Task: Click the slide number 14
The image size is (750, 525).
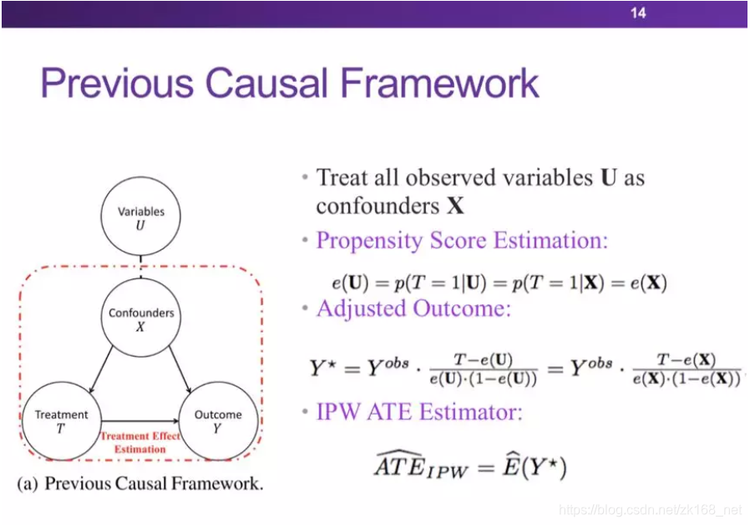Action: tap(638, 13)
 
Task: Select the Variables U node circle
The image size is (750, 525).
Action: tap(140, 217)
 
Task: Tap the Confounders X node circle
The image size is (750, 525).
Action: tap(140, 319)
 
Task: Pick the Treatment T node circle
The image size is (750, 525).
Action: tap(61, 421)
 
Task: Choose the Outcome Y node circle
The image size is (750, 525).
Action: tap(218, 421)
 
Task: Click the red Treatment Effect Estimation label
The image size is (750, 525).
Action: tap(140, 442)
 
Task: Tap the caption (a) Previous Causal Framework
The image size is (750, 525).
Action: tap(140, 484)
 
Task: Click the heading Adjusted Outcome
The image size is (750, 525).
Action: tap(413, 308)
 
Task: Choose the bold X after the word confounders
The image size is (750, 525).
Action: tap(454, 206)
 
